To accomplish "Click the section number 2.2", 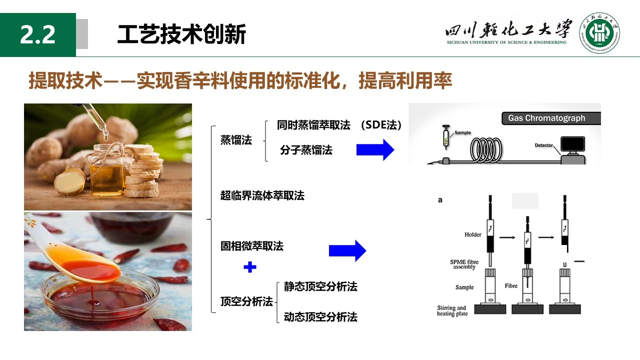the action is pyautogui.click(x=37, y=34).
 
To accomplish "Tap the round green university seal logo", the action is pyautogui.click(x=599, y=33).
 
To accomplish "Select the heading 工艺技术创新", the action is pyautogui.click(x=181, y=34).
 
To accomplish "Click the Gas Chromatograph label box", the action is pyautogui.click(x=551, y=118).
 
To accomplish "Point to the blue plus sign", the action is pyautogui.click(x=250, y=267).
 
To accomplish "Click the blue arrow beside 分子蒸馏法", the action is pyautogui.click(x=375, y=149).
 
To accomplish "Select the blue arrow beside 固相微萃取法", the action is pyautogui.click(x=347, y=250).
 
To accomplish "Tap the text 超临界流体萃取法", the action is pyautogui.click(x=262, y=195).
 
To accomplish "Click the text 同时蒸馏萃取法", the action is pyautogui.click(x=313, y=125).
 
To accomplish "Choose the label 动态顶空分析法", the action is pyautogui.click(x=320, y=317).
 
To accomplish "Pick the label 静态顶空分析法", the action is pyautogui.click(x=320, y=286).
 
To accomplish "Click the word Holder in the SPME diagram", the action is pyautogui.click(x=473, y=234).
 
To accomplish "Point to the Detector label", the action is pyautogui.click(x=543, y=145).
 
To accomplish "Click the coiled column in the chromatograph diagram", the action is pyautogui.click(x=486, y=150).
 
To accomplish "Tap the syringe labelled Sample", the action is pyautogui.click(x=445, y=137).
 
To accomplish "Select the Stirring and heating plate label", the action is pyautogui.click(x=452, y=310).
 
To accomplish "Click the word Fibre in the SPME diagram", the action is pyautogui.click(x=511, y=285).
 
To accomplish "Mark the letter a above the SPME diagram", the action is pyautogui.click(x=440, y=200).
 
